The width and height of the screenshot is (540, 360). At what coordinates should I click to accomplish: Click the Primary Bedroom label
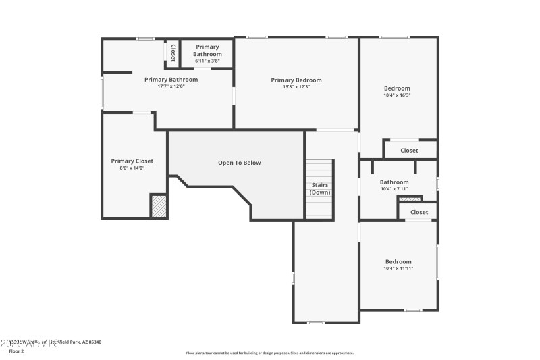click(296, 80)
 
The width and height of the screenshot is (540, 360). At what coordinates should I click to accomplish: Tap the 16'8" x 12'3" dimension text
click(296, 87)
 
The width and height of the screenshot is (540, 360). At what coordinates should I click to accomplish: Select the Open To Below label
click(239, 163)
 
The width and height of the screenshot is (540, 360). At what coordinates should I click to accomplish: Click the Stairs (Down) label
click(319, 188)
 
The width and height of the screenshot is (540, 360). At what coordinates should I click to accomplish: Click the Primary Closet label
click(132, 161)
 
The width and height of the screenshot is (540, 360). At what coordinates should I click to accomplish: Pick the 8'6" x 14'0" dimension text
click(132, 168)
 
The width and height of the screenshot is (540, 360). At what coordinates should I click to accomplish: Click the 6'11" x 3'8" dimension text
click(207, 61)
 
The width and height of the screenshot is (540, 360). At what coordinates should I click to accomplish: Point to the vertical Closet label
click(173, 53)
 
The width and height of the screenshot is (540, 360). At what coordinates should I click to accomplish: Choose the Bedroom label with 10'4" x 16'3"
click(397, 88)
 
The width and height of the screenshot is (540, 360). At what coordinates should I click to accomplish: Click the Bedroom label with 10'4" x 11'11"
click(398, 262)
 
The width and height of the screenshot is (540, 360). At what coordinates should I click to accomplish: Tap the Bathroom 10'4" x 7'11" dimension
click(394, 189)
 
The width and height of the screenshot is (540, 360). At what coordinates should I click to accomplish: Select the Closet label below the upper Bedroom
click(409, 151)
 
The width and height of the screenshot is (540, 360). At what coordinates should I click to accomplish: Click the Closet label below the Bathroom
click(419, 212)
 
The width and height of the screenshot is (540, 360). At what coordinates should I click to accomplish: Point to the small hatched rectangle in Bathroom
click(410, 199)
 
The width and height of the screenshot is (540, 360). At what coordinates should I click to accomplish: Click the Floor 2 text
click(16, 351)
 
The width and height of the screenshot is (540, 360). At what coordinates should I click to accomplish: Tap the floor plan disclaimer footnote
click(269, 353)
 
